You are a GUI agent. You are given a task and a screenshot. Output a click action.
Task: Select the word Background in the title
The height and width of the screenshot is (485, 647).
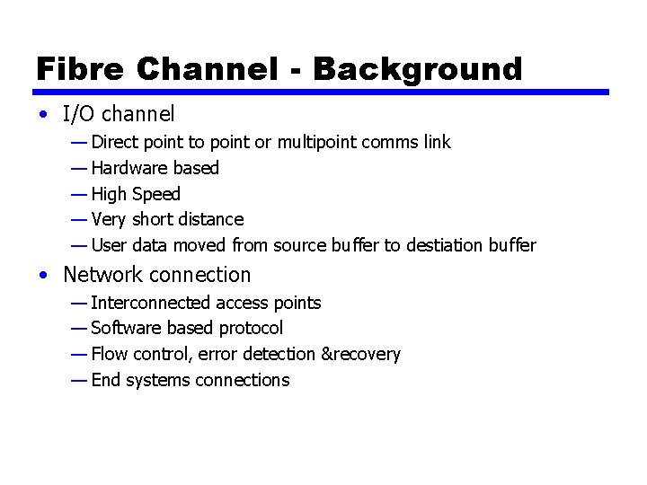[x=418, y=68]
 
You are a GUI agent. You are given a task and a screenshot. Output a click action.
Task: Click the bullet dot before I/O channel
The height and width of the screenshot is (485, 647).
[x=43, y=115]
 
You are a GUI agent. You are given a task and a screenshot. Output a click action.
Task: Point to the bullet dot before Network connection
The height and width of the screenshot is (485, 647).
[x=43, y=276]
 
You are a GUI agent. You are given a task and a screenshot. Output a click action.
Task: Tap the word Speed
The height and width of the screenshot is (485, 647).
[x=156, y=194]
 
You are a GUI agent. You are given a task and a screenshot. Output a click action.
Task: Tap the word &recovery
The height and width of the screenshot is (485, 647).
[x=360, y=354]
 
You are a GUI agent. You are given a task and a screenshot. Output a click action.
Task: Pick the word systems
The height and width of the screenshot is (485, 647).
[x=157, y=380]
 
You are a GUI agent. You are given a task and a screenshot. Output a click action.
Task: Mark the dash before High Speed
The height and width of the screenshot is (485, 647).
[x=78, y=194]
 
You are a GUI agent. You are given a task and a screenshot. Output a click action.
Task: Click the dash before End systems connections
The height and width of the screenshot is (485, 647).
[x=78, y=380]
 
